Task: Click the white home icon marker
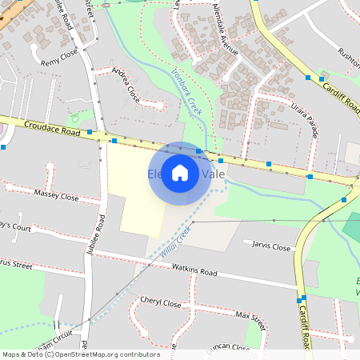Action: [x=180, y=174]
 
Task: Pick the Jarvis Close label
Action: [x=271, y=247]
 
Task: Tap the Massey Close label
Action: [x=57, y=195]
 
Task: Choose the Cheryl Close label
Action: [x=160, y=304]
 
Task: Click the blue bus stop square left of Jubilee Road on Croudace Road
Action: [x=90, y=131]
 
